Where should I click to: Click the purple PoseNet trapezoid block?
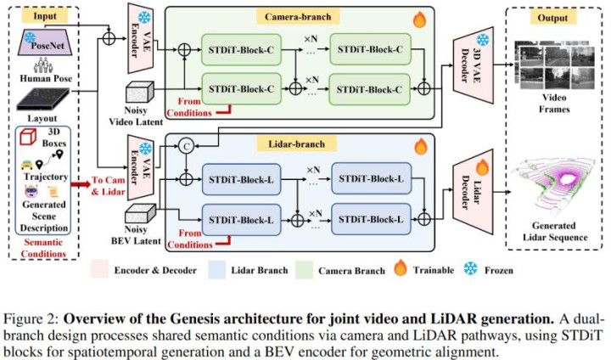[45, 42]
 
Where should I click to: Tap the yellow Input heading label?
[44, 16]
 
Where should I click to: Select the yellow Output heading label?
[552, 18]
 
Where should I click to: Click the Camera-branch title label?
[298, 17]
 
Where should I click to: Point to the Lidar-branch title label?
[296, 144]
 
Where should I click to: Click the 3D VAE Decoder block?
[473, 65]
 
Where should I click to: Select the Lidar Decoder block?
[473, 187]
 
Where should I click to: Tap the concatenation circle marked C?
[186, 146]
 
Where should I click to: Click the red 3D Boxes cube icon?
[28, 137]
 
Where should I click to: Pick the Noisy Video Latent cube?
[139, 93]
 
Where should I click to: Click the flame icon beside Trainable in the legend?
[401, 268]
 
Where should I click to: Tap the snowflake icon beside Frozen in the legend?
[470, 269]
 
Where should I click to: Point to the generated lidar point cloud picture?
[553, 187]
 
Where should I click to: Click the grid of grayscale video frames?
[554, 65]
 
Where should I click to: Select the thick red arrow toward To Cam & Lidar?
[81, 183]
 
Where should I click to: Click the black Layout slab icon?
[43, 99]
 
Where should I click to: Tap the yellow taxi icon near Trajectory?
[27, 164]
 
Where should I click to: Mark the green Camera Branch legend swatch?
[304, 270]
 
